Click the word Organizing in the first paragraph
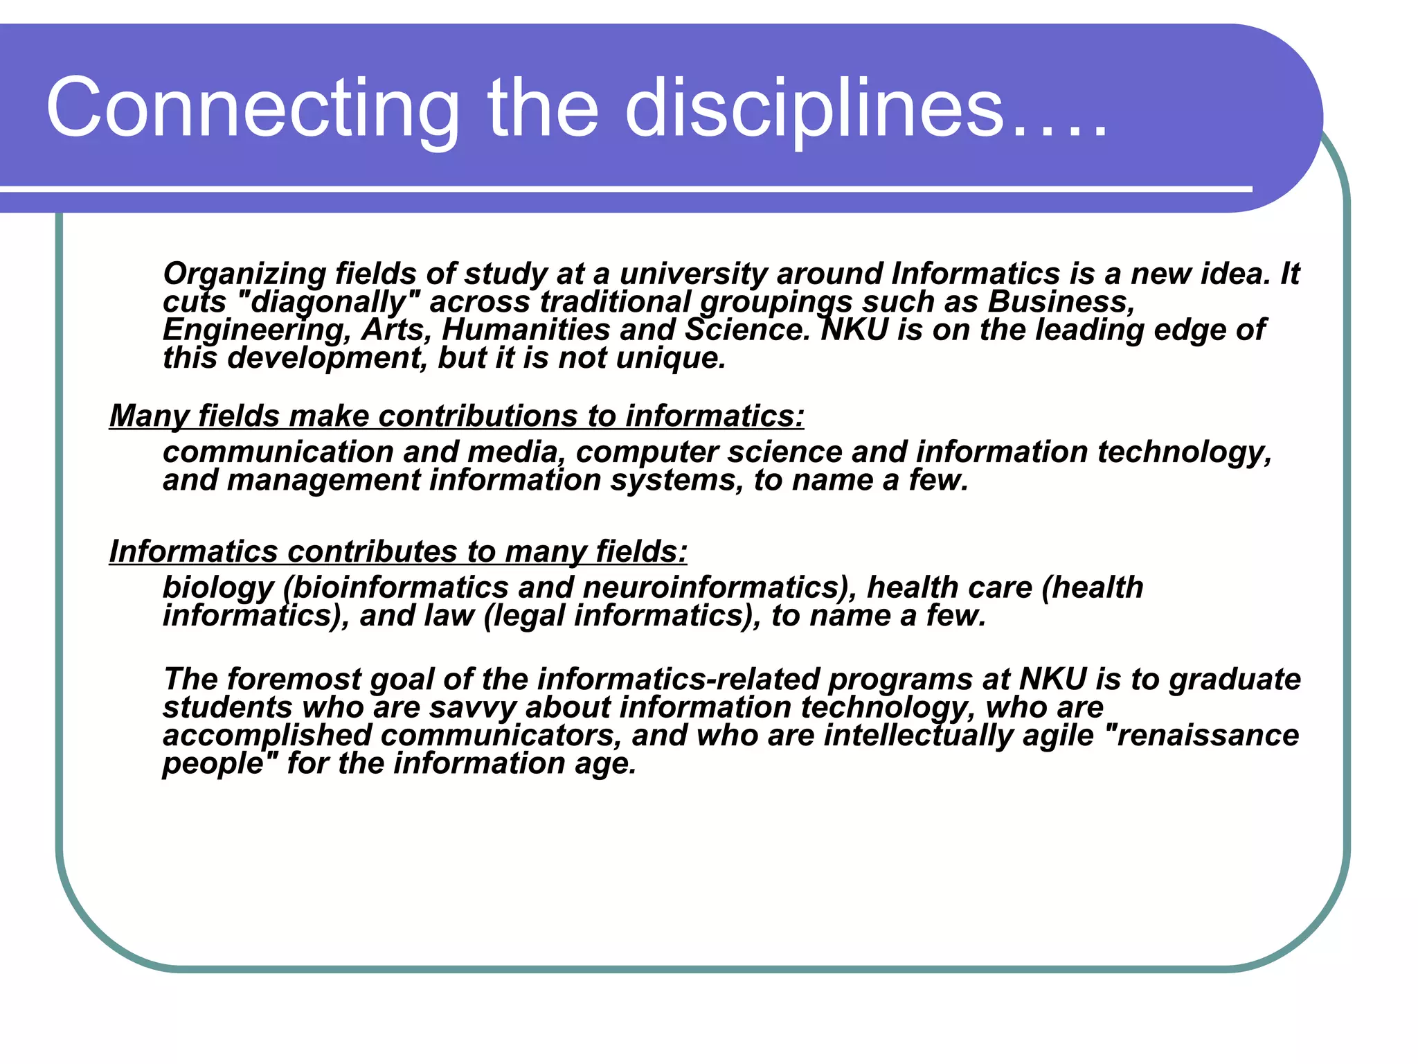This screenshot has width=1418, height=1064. (244, 274)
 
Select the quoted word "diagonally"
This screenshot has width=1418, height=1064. (328, 302)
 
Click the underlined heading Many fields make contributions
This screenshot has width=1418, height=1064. (456, 416)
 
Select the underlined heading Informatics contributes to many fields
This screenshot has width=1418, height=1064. (398, 552)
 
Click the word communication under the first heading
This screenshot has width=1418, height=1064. (277, 452)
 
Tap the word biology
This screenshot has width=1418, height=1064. (218, 588)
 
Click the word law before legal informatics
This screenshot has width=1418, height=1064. (450, 616)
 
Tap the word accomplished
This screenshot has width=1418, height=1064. (267, 736)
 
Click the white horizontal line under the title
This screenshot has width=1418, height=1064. (623, 188)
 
